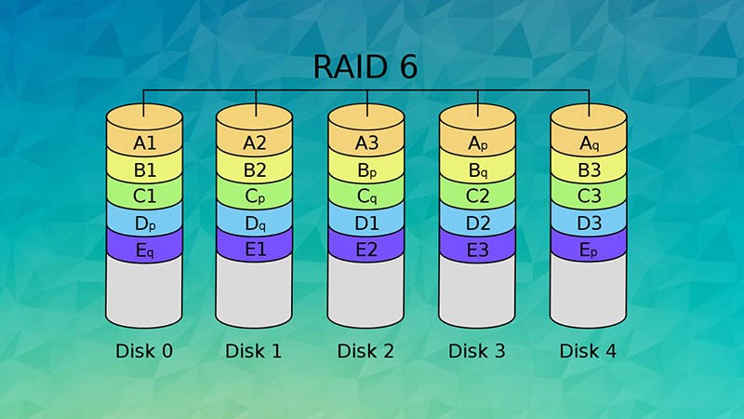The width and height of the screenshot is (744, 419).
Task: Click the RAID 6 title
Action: click(365, 68)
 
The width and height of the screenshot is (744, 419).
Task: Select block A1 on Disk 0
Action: click(144, 142)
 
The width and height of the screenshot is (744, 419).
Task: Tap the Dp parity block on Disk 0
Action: click(144, 223)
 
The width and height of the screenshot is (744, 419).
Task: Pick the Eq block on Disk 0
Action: click(144, 250)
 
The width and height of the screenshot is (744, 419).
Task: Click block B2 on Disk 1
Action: click(255, 169)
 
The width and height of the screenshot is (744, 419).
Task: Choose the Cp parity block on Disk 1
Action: click(255, 196)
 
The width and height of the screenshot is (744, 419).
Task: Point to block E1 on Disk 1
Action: click(255, 250)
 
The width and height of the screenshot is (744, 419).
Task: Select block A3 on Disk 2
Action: click(366, 142)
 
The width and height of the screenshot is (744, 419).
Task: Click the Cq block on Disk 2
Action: click(366, 196)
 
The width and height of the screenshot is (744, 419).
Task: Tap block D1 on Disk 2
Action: click(366, 223)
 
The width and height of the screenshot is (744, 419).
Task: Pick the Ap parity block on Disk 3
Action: click(477, 142)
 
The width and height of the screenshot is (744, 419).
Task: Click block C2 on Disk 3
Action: click(477, 196)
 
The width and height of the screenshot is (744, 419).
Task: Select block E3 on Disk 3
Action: click(477, 250)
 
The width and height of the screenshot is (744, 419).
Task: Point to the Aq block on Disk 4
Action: click(589, 142)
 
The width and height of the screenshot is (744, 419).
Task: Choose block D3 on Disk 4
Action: click(589, 223)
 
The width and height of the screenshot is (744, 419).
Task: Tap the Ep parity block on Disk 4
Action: click(589, 250)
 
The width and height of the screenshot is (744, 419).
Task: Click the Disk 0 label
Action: click(144, 351)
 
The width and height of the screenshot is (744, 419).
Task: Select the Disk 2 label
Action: click(366, 351)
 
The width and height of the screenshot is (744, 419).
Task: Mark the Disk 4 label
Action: click(589, 351)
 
